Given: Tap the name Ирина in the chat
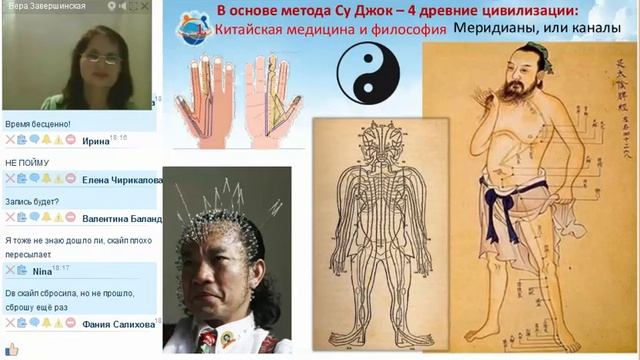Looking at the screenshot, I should [x=96, y=141].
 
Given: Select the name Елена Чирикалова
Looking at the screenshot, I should [x=121, y=179].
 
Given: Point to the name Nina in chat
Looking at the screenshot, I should [x=41, y=270].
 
